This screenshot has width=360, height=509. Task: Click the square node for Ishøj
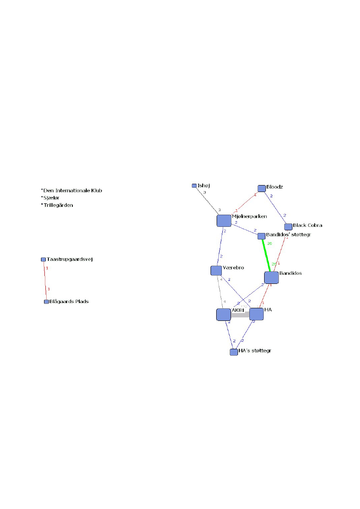pyautogui.click(x=194, y=186)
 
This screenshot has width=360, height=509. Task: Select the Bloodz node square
pyautogui.click(x=262, y=189)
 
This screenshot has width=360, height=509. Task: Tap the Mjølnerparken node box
pyautogui.click(x=224, y=221)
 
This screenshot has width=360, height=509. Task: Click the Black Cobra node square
pyautogui.click(x=288, y=227)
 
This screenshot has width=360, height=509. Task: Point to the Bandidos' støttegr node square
pyautogui.click(x=261, y=236)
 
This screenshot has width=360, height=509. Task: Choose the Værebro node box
pyautogui.click(x=216, y=270)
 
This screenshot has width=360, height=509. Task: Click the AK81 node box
pyautogui.click(x=224, y=314)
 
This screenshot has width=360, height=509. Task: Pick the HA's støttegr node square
pyautogui.click(x=234, y=352)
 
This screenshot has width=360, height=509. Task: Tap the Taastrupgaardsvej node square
pyautogui.click(x=43, y=260)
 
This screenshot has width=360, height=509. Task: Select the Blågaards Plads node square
pyautogui.click(x=46, y=302)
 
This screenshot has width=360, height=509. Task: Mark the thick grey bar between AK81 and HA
pyautogui.click(x=240, y=315)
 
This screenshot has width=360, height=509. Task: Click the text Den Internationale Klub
pyautogui.click(x=72, y=190)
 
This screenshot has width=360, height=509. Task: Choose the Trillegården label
pyautogui.click(x=58, y=205)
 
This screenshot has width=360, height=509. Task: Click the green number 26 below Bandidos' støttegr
pyautogui.click(x=269, y=243)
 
